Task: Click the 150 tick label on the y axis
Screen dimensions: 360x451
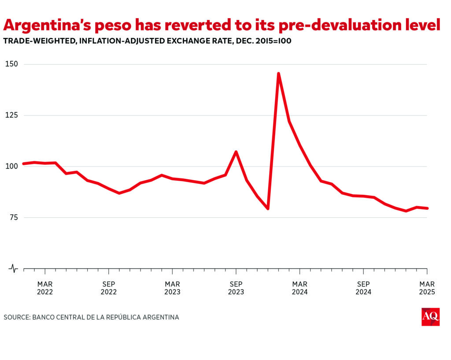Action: coord(11,64)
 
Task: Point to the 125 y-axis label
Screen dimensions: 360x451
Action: coord(11,115)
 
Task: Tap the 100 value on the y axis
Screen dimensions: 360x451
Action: coord(11,167)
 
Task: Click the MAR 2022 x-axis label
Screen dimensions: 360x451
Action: coord(45,288)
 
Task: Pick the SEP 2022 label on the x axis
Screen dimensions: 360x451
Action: coord(109,288)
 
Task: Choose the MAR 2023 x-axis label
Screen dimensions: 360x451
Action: coord(172,288)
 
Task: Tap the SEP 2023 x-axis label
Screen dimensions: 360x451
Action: coord(236,288)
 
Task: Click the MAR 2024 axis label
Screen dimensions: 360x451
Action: coord(299,288)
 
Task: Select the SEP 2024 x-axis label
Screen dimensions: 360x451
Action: coord(363,288)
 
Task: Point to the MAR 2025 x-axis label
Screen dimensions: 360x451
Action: coord(426,288)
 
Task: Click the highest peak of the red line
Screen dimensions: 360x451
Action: coord(278,74)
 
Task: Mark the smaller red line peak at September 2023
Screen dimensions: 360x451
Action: coord(236,152)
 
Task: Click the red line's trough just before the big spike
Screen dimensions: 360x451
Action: coord(268,208)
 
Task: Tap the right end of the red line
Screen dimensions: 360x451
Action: coord(427,208)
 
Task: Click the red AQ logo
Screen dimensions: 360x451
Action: coord(430,317)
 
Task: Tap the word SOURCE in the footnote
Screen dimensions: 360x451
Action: coord(16,317)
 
